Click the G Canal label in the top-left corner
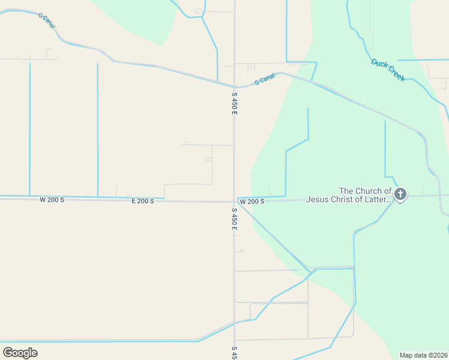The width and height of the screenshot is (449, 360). [46, 22]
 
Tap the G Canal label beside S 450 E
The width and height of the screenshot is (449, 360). [264, 79]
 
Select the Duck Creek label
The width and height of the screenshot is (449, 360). [388, 70]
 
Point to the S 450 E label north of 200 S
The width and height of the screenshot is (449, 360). [234, 103]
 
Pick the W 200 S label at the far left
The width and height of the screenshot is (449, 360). [52, 199]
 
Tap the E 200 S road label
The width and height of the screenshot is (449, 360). [143, 201]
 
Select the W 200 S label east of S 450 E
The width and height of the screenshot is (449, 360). [252, 202]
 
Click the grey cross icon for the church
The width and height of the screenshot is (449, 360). [400, 194]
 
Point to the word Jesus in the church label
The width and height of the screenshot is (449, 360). [319, 199]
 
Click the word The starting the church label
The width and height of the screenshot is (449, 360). [348, 191]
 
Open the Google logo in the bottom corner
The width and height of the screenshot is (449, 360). [20, 352]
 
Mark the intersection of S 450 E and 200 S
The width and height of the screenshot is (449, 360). [234, 202]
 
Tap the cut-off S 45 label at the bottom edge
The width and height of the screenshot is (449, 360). [234, 353]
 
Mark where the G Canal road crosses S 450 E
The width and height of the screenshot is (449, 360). [234, 86]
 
